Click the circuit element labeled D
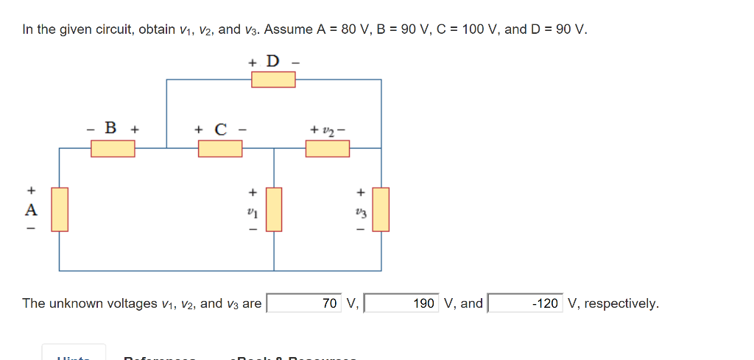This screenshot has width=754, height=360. click(273, 79)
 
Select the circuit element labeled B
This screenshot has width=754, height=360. click(113, 148)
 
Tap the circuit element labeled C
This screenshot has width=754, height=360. click(220, 148)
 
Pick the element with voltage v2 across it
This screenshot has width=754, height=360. click(328, 148)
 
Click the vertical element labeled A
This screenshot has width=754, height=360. click(60, 209)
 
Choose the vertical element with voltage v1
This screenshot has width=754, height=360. click(274, 209)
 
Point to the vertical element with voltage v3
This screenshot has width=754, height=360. click(381, 209)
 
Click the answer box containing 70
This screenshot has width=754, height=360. click(305, 303)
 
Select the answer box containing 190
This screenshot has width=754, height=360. click(403, 303)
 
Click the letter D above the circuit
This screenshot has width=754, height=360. click(273, 60)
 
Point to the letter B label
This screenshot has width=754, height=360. click(111, 127)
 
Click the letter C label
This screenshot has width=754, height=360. click(219, 130)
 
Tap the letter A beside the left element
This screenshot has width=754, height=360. click(30, 210)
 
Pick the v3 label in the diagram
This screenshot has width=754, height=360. click(359, 211)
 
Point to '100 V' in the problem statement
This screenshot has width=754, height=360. click(478, 30)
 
